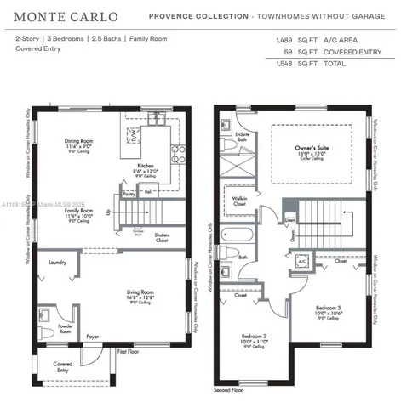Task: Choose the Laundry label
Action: [x=58, y=263]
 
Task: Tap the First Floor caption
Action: [x=128, y=350]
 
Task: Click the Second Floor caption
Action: [x=228, y=390]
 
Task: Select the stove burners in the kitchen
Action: [x=178, y=153]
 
